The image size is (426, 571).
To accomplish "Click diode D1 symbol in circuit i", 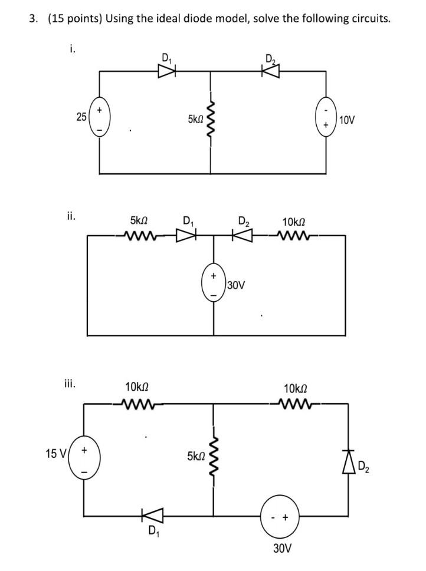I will click(167, 71).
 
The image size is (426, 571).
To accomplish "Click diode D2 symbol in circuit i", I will click(271, 71).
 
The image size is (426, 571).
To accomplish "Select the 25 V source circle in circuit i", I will click(99, 117).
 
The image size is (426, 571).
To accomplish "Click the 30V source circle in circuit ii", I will click(213, 285).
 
